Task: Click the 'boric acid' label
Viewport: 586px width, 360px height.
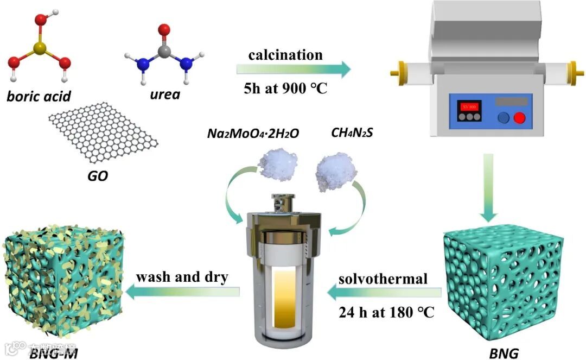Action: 39,97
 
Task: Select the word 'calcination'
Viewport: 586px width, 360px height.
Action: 285,55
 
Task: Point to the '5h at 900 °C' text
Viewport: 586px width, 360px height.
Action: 285,87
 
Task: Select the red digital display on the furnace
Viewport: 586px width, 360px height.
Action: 469,106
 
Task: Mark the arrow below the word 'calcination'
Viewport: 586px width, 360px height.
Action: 293,70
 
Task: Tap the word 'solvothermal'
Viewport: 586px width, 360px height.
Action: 383,279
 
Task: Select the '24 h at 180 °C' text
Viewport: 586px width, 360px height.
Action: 386,314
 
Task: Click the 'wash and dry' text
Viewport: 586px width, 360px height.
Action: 182,276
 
